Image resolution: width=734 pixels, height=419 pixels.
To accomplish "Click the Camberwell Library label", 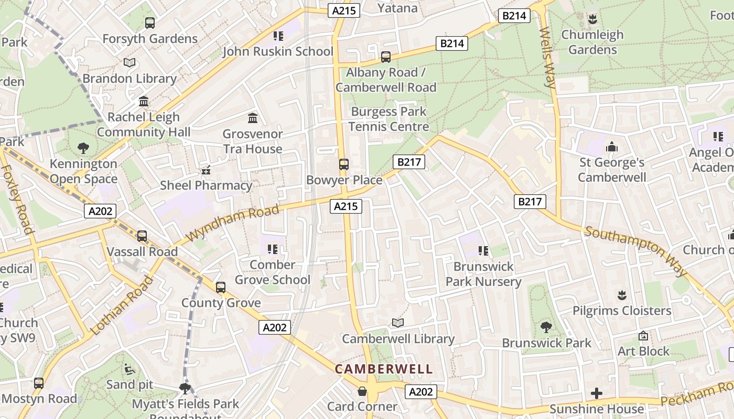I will point(398,339).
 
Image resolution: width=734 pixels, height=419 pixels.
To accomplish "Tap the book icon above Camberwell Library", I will point(398,323).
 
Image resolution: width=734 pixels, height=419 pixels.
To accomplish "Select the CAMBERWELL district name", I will point(384,369).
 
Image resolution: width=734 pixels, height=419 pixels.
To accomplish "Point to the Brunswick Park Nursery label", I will point(483,274).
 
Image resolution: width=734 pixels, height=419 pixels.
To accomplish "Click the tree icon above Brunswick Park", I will point(546,327).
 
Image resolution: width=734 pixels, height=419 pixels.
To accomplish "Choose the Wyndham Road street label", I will point(232,223).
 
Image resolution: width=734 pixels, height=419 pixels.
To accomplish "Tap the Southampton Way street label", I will point(636,251).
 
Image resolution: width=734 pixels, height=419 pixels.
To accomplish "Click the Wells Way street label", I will point(547,58).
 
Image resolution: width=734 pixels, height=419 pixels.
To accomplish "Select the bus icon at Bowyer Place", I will point(343,164).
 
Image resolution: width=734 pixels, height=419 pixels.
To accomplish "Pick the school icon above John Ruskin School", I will point(278,36).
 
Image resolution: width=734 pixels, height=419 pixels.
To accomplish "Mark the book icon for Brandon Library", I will point(129,63).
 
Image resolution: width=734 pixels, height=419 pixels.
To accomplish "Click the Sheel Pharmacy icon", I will point(206,170).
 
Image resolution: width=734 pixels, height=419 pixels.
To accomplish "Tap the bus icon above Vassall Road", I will point(142,236).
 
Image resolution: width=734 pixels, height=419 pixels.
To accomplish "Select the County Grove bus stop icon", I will point(221,287).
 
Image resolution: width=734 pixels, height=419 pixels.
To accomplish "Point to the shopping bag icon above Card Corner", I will point(362,391).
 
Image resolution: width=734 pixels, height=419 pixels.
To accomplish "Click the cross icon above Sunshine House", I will point(596,393).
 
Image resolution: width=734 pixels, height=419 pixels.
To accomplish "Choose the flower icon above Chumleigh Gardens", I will point(592,19).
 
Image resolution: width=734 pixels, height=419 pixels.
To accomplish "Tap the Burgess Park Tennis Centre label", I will point(388,119).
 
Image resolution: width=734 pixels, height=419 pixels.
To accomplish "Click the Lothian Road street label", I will point(122,305).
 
